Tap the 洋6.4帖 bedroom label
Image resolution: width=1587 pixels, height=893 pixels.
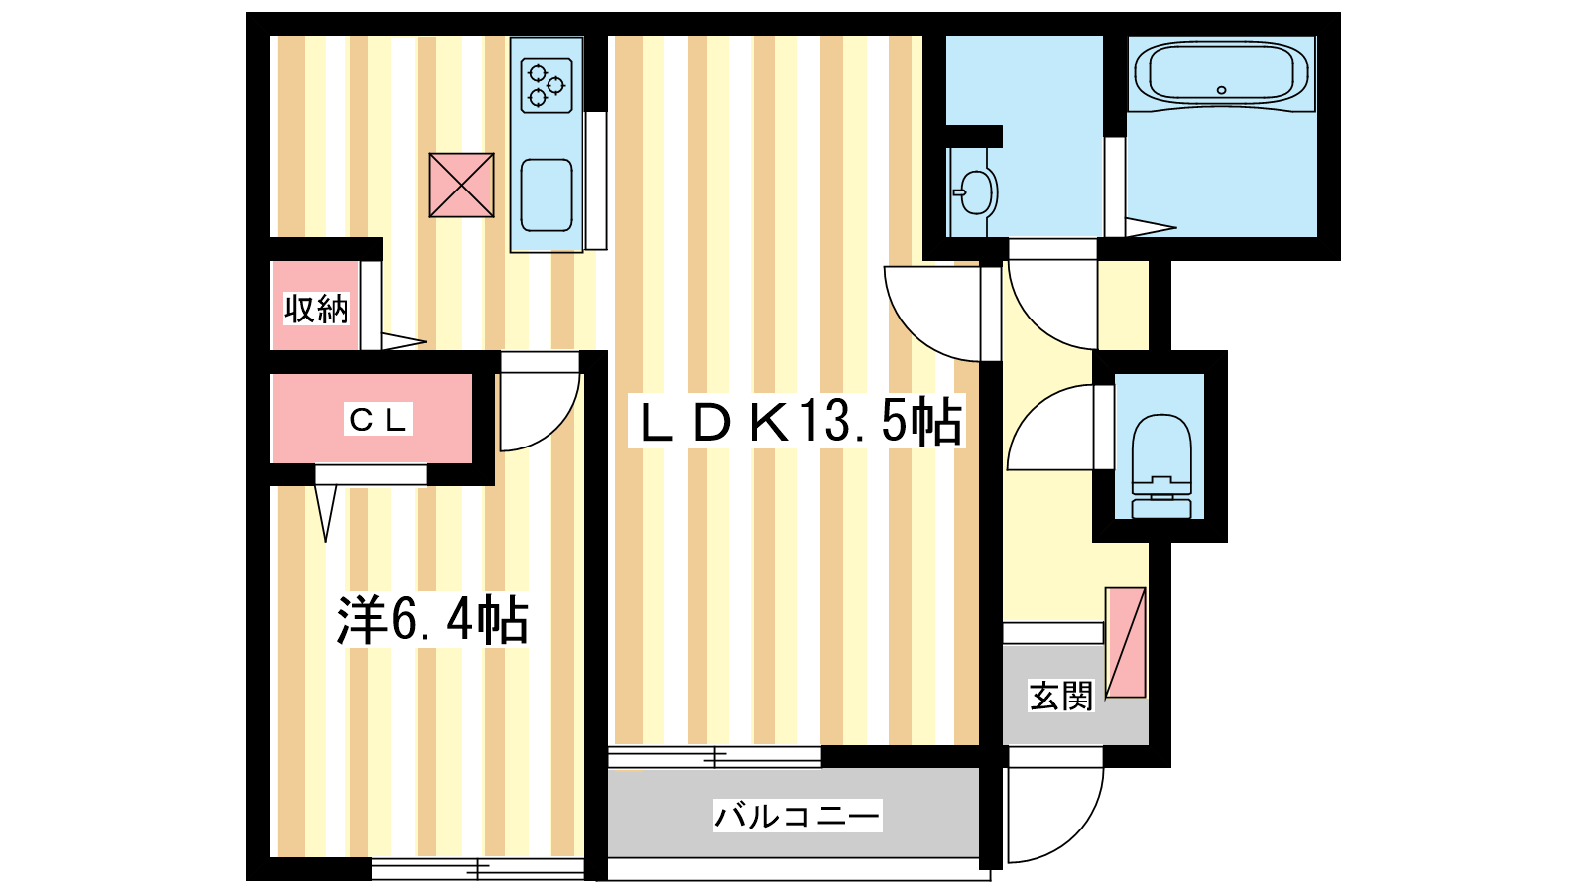(432, 620)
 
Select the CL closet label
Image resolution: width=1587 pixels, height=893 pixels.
(378, 419)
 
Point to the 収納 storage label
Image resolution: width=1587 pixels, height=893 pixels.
(316, 309)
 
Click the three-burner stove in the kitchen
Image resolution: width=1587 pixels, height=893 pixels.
(547, 85)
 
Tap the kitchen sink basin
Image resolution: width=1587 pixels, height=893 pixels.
(547, 194)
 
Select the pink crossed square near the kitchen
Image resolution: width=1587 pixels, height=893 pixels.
(461, 185)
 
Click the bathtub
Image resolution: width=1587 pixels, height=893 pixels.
(1221, 74)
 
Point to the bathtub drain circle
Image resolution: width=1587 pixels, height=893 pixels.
(1221, 90)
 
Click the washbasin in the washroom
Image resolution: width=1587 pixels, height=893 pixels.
(976, 192)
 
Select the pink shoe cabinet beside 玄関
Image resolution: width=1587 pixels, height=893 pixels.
(1126, 643)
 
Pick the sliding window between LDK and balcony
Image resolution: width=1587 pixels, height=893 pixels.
(714, 757)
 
